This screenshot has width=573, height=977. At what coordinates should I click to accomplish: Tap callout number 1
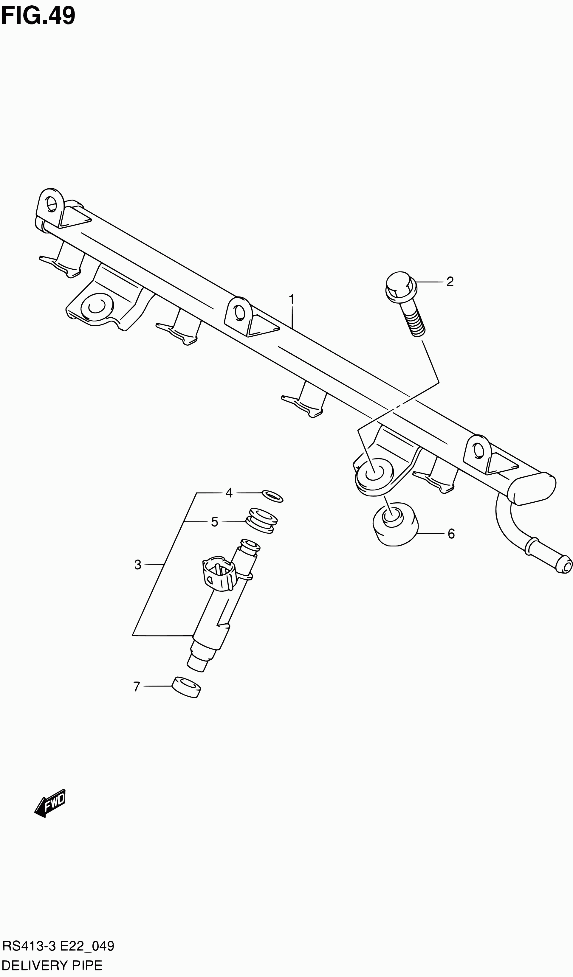click(291, 300)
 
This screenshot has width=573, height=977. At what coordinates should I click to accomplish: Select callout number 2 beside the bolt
click(450, 282)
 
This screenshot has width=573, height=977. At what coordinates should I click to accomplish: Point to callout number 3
click(138, 565)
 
